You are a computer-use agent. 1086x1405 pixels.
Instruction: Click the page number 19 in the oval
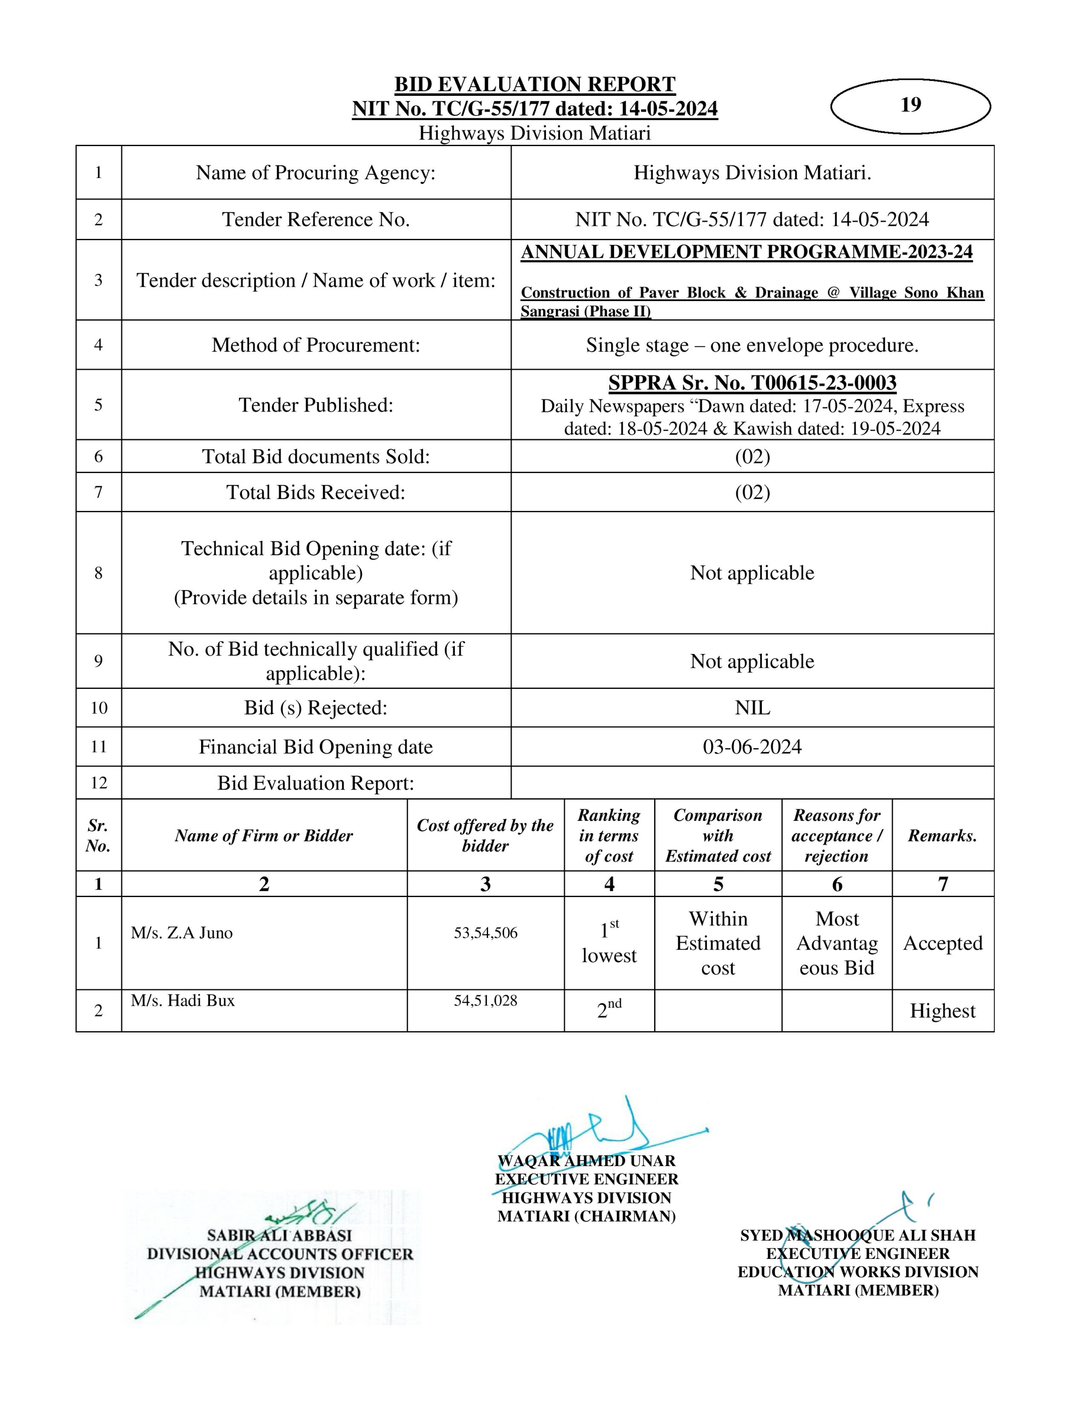pos(910,105)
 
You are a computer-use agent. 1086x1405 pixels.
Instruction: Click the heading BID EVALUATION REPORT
pos(535,85)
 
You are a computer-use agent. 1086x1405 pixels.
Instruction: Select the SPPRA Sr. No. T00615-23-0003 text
pos(752,383)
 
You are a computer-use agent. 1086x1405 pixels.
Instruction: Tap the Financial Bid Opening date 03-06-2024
pos(752,746)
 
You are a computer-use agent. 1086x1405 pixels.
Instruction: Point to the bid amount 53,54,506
pos(485,933)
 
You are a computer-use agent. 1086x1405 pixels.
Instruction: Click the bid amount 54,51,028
pos(485,1001)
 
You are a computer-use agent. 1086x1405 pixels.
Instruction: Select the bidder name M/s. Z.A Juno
pos(182,933)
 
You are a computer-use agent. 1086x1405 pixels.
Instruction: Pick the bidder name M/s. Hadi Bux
pos(183,1001)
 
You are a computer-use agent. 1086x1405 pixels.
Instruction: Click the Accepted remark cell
pos(942,943)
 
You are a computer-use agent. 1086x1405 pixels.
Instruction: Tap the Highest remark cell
pos(942,1011)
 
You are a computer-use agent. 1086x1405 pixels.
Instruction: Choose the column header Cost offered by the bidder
pos(485,835)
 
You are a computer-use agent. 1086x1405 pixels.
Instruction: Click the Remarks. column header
pos(942,836)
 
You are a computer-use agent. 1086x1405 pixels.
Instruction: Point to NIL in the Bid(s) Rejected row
pos(752,708)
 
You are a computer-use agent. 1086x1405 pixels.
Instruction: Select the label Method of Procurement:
pos(316,345)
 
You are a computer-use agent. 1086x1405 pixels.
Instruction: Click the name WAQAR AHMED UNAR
pos(586,1161)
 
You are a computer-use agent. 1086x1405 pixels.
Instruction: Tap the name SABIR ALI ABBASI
pos(279,1235)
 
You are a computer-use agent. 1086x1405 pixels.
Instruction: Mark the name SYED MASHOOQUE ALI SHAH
pos(858,1235)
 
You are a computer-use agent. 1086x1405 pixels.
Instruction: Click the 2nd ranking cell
pos(609,1010)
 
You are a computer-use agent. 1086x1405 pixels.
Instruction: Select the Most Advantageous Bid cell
pos(836,943)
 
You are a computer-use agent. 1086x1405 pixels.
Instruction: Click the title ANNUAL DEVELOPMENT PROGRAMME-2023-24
pos(746,252)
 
